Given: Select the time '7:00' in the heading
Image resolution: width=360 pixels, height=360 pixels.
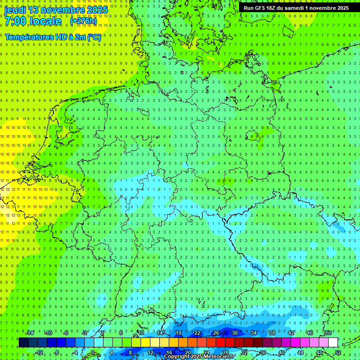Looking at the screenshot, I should click(15, 21).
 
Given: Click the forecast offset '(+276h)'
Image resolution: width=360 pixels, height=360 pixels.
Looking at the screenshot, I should click(83, 21).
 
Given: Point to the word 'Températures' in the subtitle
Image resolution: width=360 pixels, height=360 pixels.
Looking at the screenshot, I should click(28, 37).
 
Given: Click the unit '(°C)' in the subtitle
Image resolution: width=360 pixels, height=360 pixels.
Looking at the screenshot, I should click(94, 37).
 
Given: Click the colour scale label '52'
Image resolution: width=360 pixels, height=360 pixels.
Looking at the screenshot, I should click(338, 352).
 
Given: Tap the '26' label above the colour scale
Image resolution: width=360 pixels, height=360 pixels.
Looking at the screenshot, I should click(216, 333).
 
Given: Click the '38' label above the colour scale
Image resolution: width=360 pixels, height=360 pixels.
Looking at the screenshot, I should click(272, 333).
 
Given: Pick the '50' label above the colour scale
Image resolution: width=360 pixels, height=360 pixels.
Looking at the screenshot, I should click(329, 333).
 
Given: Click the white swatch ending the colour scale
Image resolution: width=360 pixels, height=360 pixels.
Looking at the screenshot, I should click(333, 343).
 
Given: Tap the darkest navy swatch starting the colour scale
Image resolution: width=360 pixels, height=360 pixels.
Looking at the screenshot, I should click(23, 343).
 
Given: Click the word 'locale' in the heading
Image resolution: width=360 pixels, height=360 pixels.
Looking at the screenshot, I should click(45, 21).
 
